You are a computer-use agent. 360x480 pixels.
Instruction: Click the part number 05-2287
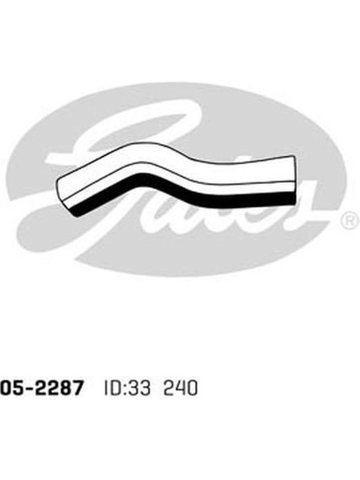(41, 388)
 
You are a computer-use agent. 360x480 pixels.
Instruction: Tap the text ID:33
(127, 388)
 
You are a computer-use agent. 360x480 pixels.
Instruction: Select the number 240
(181, 388)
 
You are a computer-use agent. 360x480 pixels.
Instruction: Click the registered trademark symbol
(350, 220)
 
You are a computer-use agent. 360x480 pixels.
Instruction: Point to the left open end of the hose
(65, 193)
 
